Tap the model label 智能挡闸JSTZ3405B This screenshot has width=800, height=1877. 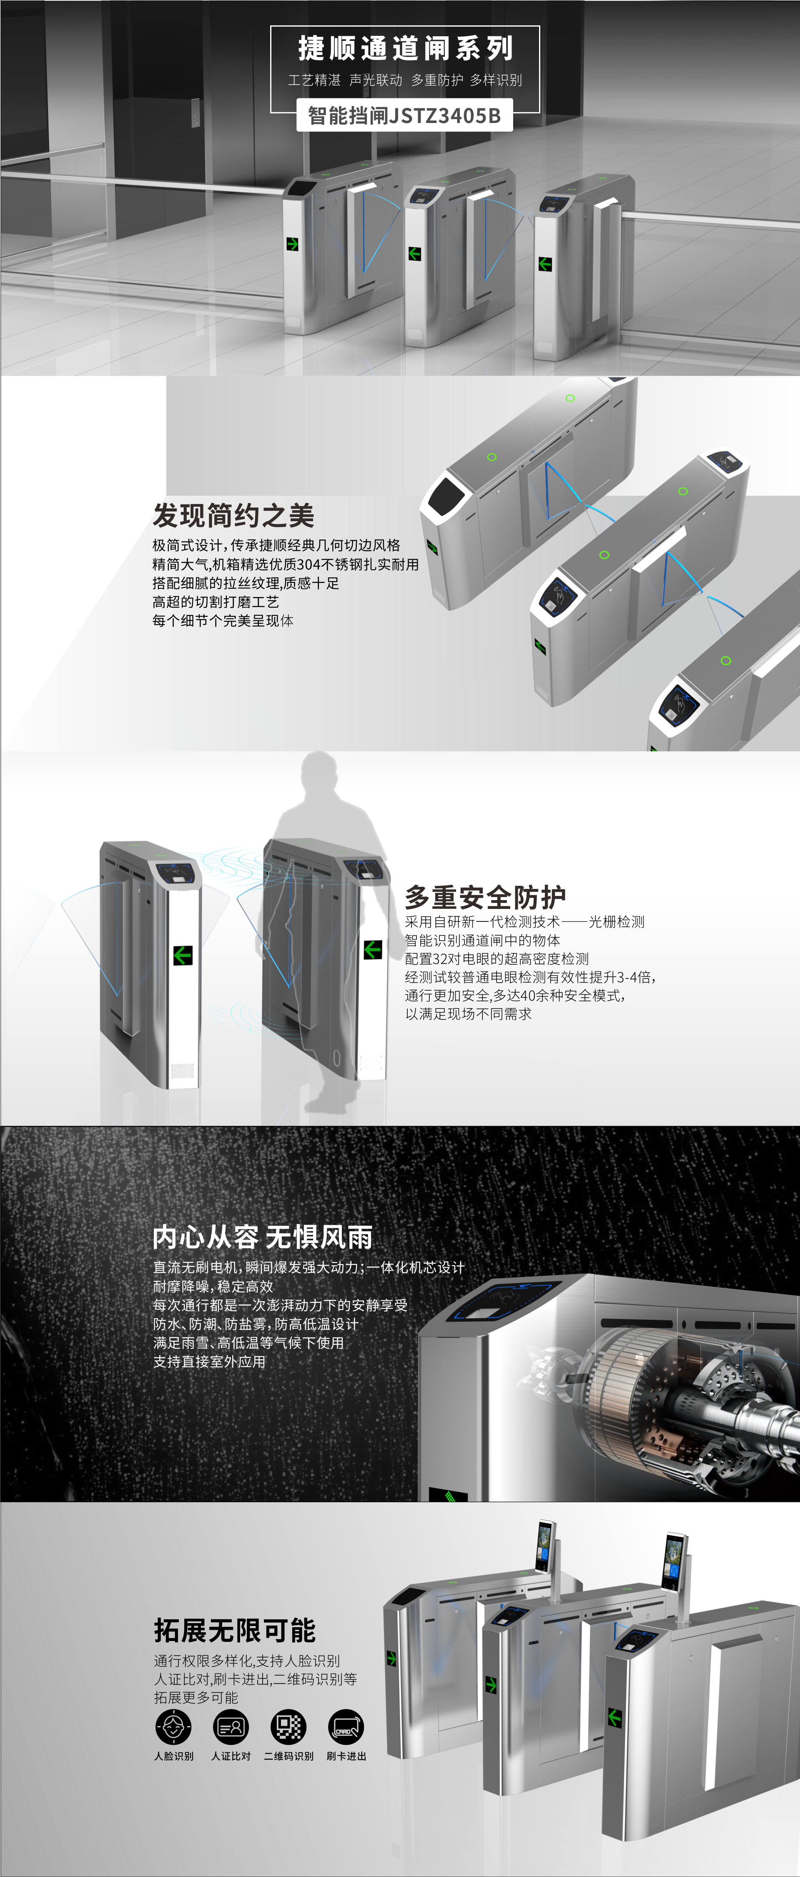[404, 115]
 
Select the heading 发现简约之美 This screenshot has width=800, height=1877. [233, 515]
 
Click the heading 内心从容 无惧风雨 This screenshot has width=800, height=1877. [262, 1237]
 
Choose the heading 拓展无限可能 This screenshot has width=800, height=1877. [235, 1631]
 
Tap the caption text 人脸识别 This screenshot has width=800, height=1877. [173, 1756]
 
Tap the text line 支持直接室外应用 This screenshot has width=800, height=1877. [209, 1361]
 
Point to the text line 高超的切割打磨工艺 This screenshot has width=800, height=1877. [216, 602]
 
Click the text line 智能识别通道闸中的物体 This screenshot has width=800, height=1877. [482, 940]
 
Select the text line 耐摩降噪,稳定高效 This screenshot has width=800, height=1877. [213, 1286]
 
